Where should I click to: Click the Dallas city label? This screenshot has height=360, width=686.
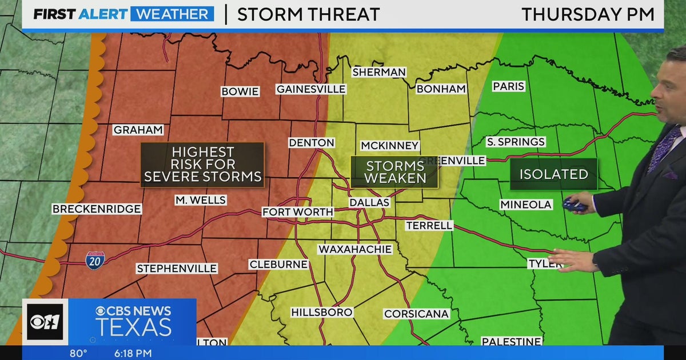(x=369, y=202)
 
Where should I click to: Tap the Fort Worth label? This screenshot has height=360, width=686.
(x=297, y=212)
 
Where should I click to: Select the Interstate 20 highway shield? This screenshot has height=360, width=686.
(x=95, y=261)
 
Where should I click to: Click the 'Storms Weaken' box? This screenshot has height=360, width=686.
(x=394, y=172)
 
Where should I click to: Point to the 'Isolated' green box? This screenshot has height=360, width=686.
(x=553, y=174)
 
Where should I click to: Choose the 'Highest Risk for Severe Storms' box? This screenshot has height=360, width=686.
(x=202, y=165)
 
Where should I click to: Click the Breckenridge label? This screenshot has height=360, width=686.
(x=96, y=209)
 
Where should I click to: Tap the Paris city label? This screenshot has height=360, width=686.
(x=508, y=86)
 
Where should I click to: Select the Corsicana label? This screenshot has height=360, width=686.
(x=416, y=314)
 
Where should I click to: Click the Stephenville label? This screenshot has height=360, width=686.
(x=177, y=268)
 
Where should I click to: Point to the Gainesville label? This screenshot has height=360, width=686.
(x=311, y=89)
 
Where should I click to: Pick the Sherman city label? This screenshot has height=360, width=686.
(x=379, y=72)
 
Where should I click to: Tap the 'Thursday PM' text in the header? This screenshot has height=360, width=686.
(x=588, y=14)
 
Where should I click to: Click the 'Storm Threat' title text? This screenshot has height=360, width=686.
(x=308, y=14)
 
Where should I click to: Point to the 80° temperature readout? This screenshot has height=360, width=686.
(x=78, y=353)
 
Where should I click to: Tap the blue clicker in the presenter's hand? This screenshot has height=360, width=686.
(x=573, y=205)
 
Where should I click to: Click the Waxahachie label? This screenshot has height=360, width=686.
(x=355, y=249)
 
